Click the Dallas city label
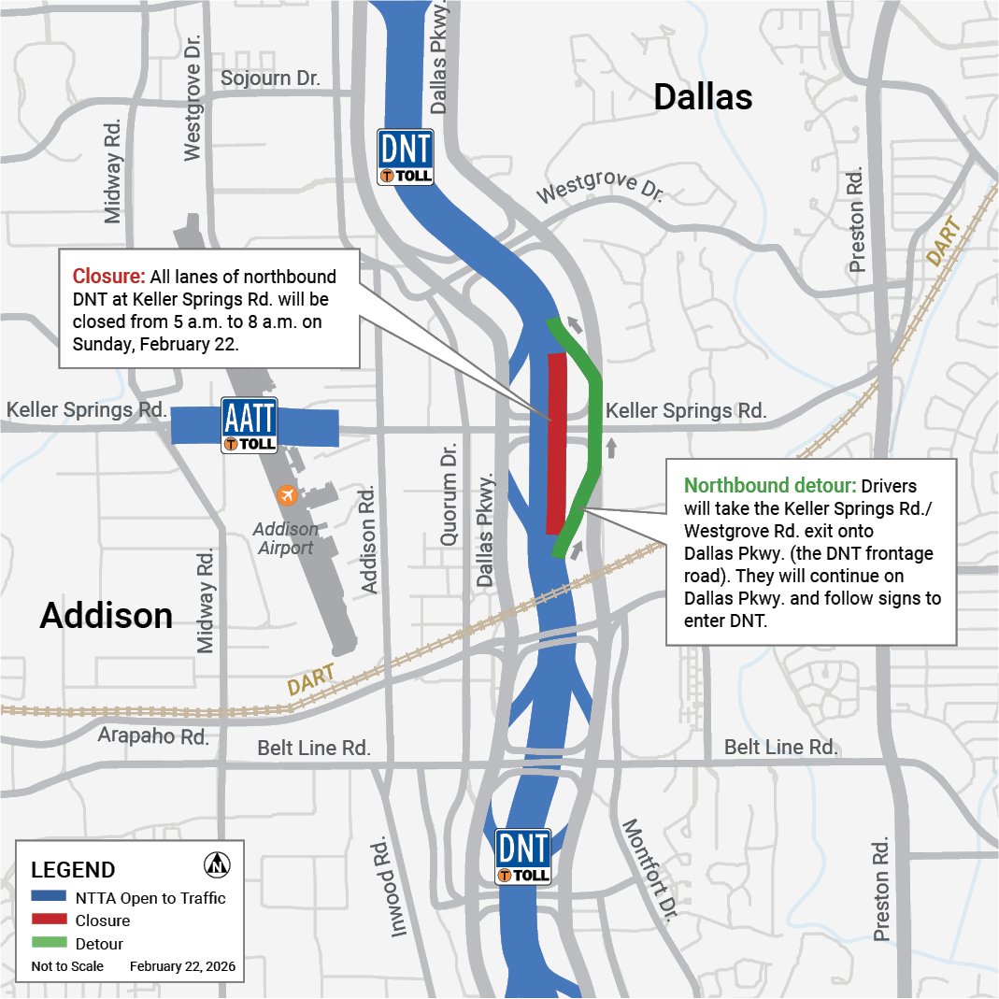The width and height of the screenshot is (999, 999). [x=703, y=96]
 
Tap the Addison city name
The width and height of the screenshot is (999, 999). [x=107, y=616]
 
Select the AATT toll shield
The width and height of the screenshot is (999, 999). [x=249, y=426]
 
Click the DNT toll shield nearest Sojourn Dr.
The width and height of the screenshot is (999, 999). [x=406, y=156]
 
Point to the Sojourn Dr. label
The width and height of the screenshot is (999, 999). [x=270, y=78]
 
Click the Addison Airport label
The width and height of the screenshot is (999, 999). [x=286, y=538]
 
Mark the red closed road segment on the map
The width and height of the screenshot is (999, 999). [x=556, y=444]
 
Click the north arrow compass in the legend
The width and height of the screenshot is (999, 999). [x=217, y=864]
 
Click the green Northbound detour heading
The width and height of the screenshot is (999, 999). [x=770, y=486]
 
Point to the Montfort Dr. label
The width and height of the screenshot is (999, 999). [x=647, y=871]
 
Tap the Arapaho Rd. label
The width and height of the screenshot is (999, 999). [x=154, y=736]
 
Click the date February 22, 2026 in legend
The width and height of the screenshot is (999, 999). [x=182, y=966]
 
